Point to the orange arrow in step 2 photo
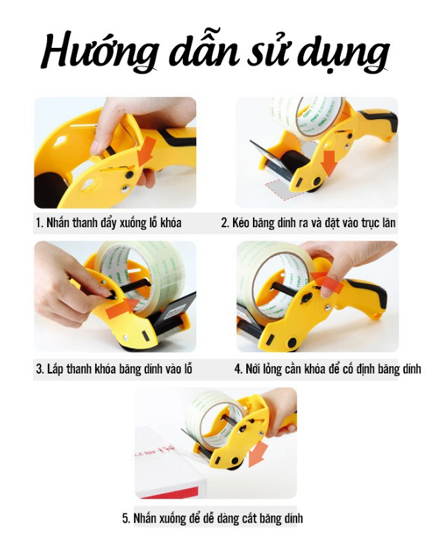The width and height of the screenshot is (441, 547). pyautogui.click(x=329, y=163)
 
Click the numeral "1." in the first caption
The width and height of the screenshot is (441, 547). pyautogui.click(x=40, y=223)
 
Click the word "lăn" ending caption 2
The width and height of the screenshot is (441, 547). pyautogui.click(x=388, y=223)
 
